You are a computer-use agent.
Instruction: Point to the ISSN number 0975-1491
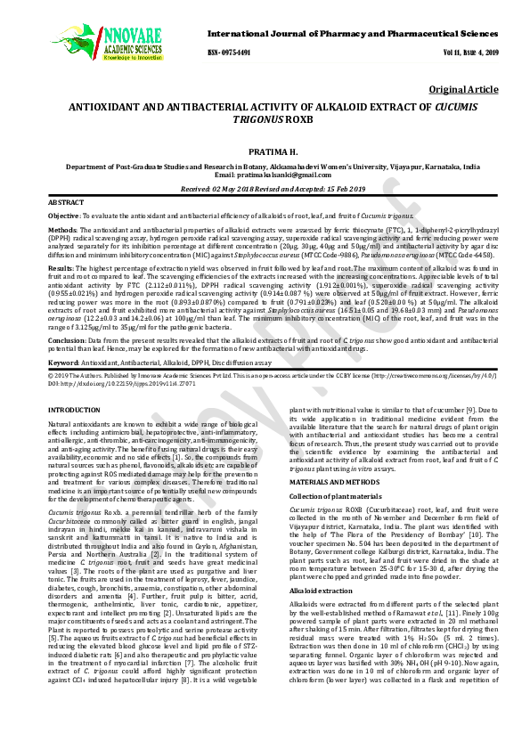[228, 53]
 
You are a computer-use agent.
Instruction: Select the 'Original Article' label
[463, 90]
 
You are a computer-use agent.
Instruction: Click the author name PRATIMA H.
[265, 153]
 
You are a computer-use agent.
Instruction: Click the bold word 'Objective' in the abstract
[63, 216]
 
